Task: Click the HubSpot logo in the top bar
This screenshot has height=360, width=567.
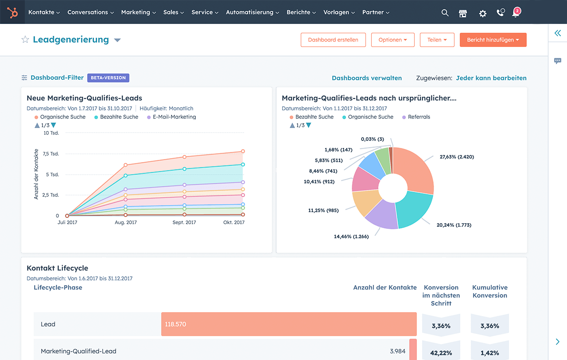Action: click(x=12, y=12)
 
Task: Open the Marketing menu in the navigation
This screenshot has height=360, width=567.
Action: click(x=138, y=12)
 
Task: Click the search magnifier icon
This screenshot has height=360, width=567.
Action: click(x=445, y=13)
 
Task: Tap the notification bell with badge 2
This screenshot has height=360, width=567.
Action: click(x=516, y=13)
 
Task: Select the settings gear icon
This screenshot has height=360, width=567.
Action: click(x=482, y=13)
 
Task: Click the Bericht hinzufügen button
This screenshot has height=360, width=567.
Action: click(x=493, y=40)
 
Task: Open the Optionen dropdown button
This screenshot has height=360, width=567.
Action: click(x=392, y=40)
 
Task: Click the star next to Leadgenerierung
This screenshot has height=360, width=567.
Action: click(x=25, y=40)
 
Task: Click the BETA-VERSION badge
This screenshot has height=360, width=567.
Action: click(x=108, y=78)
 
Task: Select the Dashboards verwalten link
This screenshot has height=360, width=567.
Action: click(x=367, y=78)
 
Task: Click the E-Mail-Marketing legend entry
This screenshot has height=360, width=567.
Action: click(x=174, y=117)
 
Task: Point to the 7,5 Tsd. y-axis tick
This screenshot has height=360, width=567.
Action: click(x=50, y=154)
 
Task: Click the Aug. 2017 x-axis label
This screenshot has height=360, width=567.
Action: click(x=126, y=222)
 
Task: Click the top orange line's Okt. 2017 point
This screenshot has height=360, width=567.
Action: click(x=243, y=151)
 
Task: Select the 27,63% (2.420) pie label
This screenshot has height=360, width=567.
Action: click(x=456, y=157)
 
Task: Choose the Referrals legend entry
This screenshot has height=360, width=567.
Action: click(x=419, y=117)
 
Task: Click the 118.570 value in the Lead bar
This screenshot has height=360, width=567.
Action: click(x=175, y=324)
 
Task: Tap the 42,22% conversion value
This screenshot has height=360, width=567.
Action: click(x=441, y=353)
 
